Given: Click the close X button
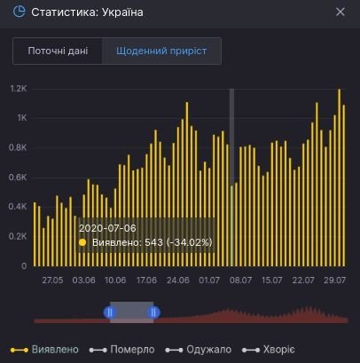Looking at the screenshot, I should click(340, 12).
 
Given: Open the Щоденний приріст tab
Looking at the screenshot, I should click(161, 51).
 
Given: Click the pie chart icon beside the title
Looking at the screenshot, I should click(19, 12).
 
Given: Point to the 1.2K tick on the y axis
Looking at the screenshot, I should click(18, 89).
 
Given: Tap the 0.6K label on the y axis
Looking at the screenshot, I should click(18, 178).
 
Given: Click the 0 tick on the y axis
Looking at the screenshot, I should click(23, 265).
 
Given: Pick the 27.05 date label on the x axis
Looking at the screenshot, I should click(52, 280).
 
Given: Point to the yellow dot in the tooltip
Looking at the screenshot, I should click(83, 241).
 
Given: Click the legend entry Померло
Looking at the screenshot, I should click(132, 350).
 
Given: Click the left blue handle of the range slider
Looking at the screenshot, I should click(110, 312).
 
